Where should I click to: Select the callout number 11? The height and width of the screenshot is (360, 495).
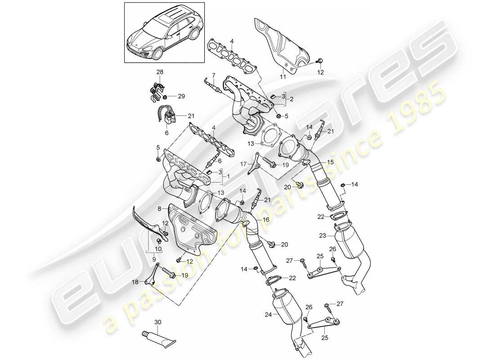pyautogui.click(x=283, y=77)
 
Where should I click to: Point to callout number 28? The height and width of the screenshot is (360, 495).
pyautogui.click(x=160, y=72)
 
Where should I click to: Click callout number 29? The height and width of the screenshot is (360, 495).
pyautogui.click(x=181, y=96)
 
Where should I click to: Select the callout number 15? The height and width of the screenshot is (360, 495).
pyautogui.click(x=330, y=162)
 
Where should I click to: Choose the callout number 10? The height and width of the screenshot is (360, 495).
pyautogui.click(x=158, y=248)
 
